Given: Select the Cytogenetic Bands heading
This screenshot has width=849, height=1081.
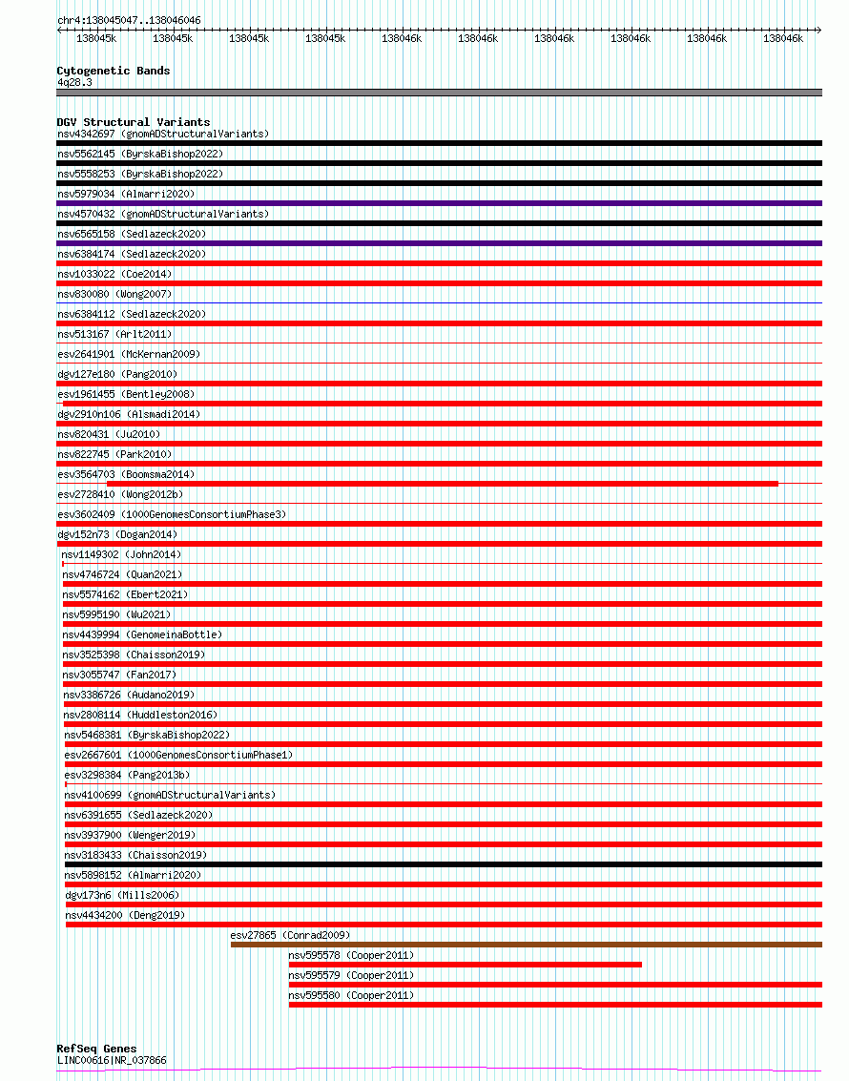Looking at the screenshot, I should tap(113, 71).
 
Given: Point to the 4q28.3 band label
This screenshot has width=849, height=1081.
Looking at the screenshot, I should tap(74, 83).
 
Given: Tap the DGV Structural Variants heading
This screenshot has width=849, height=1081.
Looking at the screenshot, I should tap(133, 122).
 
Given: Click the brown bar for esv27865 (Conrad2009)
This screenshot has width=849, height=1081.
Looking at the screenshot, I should tap(526, 945).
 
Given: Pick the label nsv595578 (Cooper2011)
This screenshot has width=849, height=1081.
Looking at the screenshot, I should tap(351, 955).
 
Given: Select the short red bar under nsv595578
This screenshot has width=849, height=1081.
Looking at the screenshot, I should tap(465, 965).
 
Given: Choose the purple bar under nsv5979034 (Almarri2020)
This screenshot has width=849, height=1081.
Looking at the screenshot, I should tap(439, 203).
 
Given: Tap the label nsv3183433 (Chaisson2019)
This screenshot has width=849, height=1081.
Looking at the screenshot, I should tap(135, 855).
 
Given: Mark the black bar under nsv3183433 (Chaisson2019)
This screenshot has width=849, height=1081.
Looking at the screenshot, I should tap(443, 864).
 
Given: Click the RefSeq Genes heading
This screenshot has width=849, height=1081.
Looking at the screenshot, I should tap(96, 1049).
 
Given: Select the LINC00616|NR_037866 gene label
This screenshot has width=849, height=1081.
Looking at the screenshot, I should tap(112, 1060).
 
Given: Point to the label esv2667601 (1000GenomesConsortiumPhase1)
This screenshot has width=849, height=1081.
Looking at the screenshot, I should tap(178, 755).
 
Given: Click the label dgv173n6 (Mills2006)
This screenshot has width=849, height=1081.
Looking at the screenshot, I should tap(122, 895).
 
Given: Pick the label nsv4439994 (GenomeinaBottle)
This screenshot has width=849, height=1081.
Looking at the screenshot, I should tap(142, 634).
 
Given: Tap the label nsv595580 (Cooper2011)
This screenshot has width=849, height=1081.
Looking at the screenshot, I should tap(351, 995).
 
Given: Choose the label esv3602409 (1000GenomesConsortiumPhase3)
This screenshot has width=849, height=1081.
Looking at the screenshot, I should tap(171, 514).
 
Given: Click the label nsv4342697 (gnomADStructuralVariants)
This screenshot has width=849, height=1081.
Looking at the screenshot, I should tap(163, 134).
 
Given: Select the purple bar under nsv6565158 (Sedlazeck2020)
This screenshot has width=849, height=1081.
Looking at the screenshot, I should tap(439, 243).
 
